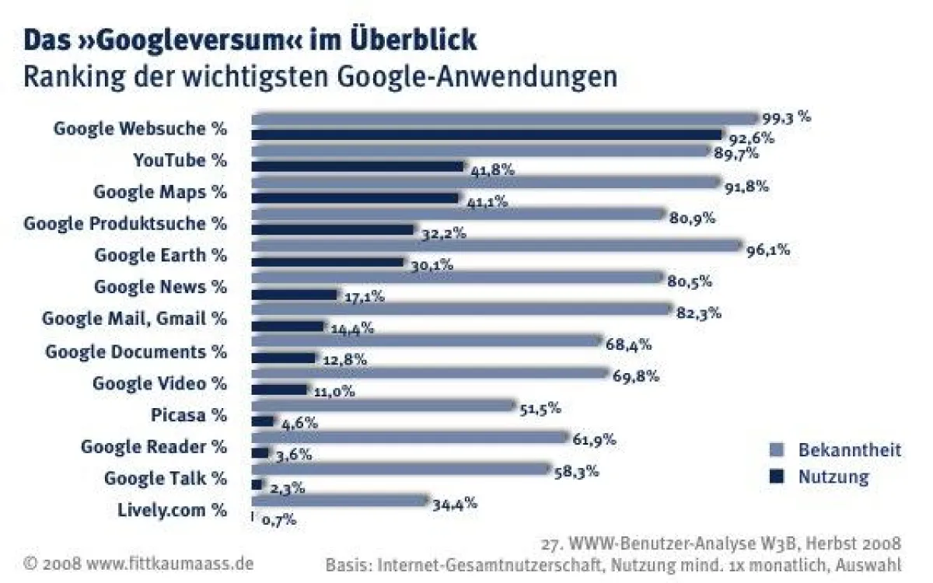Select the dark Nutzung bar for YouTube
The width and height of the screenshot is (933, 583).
358,166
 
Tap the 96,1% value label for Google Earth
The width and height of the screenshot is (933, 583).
768,250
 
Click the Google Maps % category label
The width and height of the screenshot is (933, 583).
160,191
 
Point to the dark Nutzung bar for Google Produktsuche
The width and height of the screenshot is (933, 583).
333,230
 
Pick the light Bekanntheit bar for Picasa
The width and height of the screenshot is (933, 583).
383,405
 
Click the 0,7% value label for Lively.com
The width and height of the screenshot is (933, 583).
278,520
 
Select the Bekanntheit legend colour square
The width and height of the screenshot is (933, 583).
774,449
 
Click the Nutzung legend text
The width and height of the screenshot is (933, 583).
833,477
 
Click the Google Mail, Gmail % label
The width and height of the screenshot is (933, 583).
135,319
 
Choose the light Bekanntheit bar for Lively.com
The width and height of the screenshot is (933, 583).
340,500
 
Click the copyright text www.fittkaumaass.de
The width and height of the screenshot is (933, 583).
169,562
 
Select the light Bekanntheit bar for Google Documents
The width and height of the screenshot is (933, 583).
427,341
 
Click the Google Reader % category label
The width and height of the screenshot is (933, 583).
154,446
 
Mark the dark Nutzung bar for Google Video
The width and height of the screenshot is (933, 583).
280,389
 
